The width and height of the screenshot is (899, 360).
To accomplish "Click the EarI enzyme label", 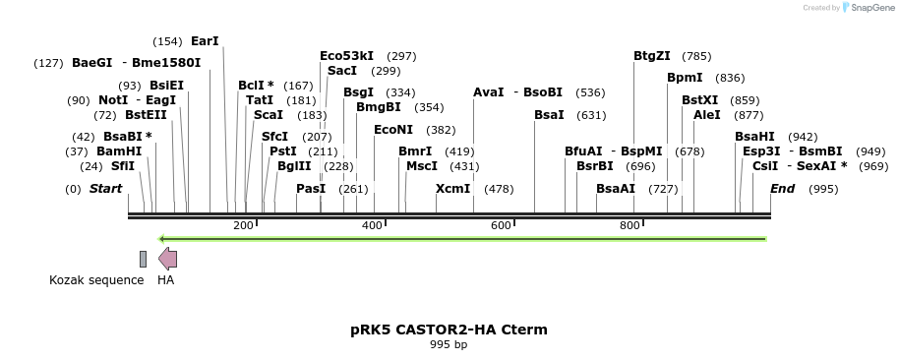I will (x=205, y=41).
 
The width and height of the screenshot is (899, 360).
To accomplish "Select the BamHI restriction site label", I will (x=119, y=151).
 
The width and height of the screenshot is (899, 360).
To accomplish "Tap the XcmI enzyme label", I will (x=453, y=188).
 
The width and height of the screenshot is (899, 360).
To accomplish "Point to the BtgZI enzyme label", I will (x=652, y=56).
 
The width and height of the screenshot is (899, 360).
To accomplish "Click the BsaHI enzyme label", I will (x=754, y=137).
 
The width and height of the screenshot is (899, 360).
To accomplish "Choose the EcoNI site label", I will (x=393, y=130).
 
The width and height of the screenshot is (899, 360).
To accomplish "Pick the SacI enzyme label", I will (x=342, y=71).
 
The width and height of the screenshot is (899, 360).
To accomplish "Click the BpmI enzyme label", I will (x=685, y=78).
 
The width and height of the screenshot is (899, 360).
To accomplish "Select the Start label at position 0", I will (x=106, y=188).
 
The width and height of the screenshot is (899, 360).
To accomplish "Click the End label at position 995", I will (x=782, y=188).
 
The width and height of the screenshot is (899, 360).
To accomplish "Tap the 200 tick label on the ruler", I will (x=242, y=226).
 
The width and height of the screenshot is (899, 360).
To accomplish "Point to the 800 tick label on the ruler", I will (x=629, y=226).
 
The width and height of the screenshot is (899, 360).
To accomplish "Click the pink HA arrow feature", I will (x=168, y=259).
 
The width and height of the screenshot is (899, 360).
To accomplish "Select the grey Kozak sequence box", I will (x=143, y=259).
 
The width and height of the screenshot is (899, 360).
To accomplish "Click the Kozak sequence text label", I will (x=96, y=280).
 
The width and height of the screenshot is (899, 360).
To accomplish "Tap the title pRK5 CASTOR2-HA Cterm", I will (x=449, y=330).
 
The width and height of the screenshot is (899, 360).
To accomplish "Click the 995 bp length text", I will (x=449, y=345).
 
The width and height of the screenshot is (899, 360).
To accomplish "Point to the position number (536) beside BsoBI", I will (x=590, y=92).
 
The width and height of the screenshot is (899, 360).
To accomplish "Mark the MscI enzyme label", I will (x=422, y=166).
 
